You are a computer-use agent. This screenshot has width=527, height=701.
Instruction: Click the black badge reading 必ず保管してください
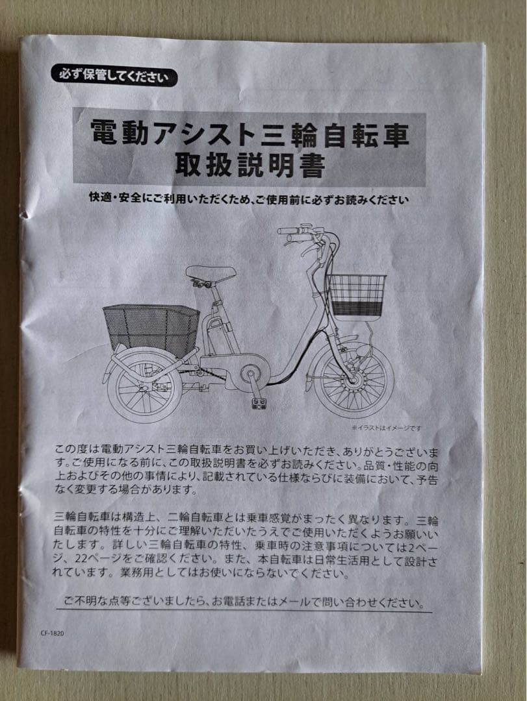tap(114, 77)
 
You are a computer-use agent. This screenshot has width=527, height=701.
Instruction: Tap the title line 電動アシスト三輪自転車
tap(250, 134)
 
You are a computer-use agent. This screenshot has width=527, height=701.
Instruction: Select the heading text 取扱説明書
tap(250, 167)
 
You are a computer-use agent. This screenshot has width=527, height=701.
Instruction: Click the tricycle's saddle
tap(211, 273)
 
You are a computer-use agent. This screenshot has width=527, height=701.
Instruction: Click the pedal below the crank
tap(260, 404)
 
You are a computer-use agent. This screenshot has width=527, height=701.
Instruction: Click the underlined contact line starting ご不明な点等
tap(244, 602)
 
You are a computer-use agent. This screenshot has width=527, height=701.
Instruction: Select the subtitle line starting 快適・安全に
tap(250, 199)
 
